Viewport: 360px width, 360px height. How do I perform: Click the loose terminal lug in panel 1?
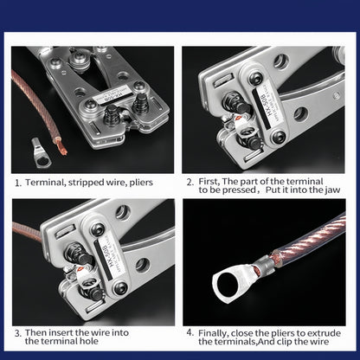[x=41, y=152]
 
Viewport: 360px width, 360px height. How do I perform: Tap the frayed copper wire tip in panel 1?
[x=61, y=146]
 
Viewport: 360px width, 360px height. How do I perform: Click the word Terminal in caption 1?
[x=44, y=183]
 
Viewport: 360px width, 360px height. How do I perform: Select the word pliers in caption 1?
[x=141, y=183]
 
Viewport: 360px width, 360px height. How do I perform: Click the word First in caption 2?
[x=209, y=182]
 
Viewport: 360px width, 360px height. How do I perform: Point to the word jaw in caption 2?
[x=332, y=190]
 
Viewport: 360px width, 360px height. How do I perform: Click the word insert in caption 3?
[x=61, y=333]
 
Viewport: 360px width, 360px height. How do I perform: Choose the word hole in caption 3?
[x=89, y=341]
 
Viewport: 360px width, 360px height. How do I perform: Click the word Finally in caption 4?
[x=214, y=333]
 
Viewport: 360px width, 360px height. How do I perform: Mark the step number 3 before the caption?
[x=17, y=334]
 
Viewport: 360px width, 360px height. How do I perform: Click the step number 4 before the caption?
[x=190, y=332]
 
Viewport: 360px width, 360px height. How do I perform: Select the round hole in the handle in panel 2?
[x=301, y=114]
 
